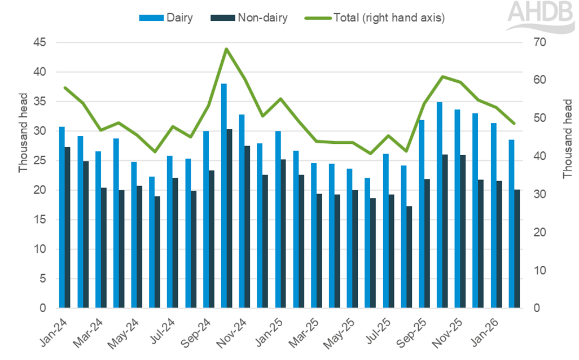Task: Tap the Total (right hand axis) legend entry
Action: pyautogui.click(x=375, y=18)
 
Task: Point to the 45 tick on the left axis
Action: pyautogui.click(x=41, y=43)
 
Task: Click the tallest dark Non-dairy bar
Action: pyautogui.click(x=230, y=218)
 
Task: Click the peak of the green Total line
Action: pyautogui.click(x=226, y=49)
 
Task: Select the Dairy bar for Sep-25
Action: pyautogui.click(x=422, y=214)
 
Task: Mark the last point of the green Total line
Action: pyautogui.click(x=514, y=124)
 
